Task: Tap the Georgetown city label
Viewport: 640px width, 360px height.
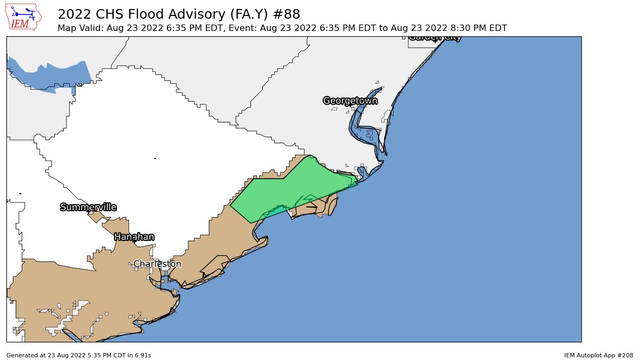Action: click(350, 101)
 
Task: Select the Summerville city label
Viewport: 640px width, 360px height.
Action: click(88, 207)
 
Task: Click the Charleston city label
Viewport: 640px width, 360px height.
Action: click(157, 264)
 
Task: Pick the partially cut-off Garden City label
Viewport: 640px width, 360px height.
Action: click(435, 37)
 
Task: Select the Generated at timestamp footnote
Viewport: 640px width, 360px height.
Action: click(79, 355)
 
